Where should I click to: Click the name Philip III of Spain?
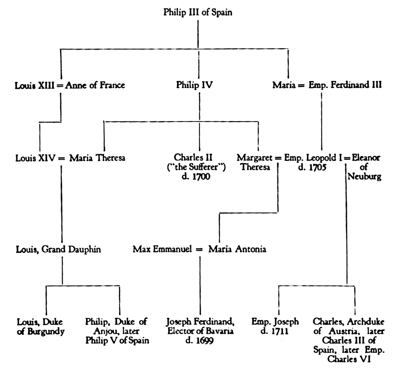[x=198, y=13]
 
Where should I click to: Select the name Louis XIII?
[x=35, y=85]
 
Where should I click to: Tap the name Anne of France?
[x=95, y=85]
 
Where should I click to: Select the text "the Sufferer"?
[x=199, y=167]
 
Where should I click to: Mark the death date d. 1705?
[x=312, y=167]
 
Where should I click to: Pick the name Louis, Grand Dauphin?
[x=58, y=249]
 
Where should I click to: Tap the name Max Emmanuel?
[x=161, y=249]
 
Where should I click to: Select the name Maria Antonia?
[x=237, y=249]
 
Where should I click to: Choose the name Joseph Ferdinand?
[x=200, y=322]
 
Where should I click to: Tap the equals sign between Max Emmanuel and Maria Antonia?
[x=199, y=249]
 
